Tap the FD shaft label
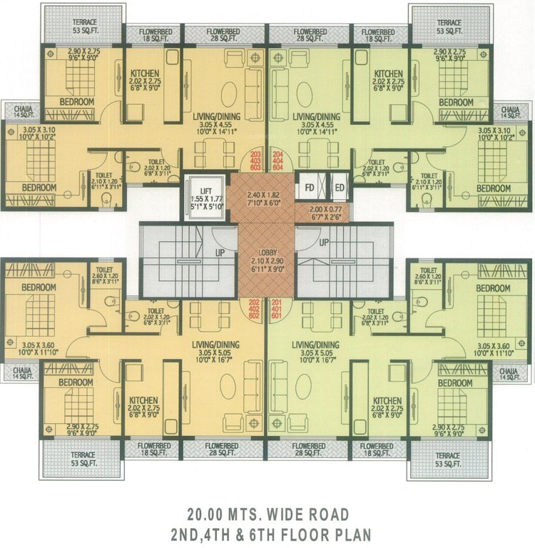[310, 188]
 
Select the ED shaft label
[339, 188]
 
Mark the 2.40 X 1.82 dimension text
[265, 193]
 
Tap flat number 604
[277, 172]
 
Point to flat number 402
[255, 308]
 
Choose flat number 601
[277, 317]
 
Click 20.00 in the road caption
[207, 514]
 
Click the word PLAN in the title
[350, 533]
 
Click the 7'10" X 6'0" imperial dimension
[265, 202]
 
